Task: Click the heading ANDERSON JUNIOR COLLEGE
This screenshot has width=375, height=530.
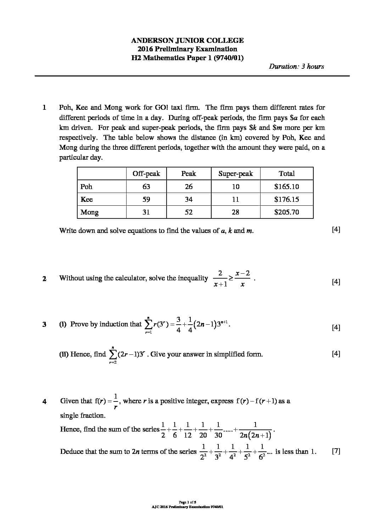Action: (x=187, y=40)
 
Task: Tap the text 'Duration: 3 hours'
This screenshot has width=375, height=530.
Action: (x=296, y=66)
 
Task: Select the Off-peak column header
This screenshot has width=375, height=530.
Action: (x=146, y=173)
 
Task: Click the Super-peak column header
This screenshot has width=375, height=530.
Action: (x=235, y=173)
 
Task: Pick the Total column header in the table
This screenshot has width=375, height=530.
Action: (x=286, y=173)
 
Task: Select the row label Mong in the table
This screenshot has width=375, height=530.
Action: (x=89, y=212)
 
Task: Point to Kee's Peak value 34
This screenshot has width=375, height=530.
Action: (x=189, y=199)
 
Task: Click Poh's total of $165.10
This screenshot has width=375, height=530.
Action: (x=286, y=187)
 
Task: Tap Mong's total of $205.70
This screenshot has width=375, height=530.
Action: (x=286, y=212)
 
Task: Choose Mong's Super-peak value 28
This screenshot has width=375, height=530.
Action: (x=235, y=212)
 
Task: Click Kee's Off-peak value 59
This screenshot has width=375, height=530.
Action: (x=146, y=199)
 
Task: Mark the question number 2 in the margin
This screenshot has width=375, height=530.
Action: (x=44, y=279)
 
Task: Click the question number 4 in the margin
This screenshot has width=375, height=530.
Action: (x=44, y=401)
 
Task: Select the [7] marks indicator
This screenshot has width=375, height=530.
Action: (x=336, y=451)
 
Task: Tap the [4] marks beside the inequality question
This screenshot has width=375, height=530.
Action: (x=336, y=282)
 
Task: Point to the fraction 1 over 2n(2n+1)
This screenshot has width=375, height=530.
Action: (x=255, y=430)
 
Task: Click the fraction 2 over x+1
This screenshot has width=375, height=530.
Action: (x=220, y=278)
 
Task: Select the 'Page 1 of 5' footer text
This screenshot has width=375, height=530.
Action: (x=187, y=502)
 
